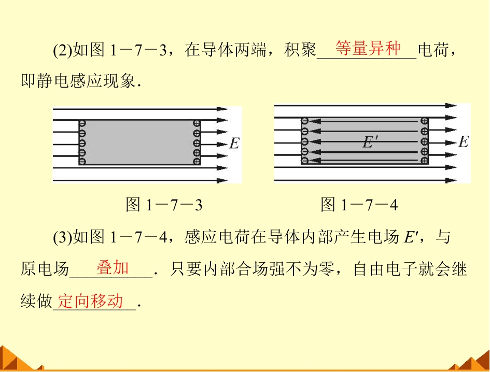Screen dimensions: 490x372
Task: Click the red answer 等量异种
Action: click(368, 49)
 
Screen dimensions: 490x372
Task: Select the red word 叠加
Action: click(113, 268)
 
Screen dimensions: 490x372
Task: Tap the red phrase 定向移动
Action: click(90, 301)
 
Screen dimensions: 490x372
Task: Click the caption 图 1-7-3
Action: click(164, 205)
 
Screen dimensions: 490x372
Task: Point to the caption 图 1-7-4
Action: click(359, 205)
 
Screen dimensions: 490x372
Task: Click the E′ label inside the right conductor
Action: click(371, 142)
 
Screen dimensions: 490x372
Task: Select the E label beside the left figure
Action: click(234, 144)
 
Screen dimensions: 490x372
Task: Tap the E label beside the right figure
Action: click(464, 142)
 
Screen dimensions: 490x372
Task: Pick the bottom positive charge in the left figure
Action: click(197, 161)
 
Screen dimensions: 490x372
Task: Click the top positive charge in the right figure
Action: click(424, 121)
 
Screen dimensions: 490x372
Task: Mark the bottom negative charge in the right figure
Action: click(305, 161)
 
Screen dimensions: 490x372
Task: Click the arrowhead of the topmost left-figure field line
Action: click(222, 109)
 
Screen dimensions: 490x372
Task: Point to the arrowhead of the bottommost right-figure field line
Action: click(451, 180)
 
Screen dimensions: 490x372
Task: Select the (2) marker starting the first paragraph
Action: click(63, 50)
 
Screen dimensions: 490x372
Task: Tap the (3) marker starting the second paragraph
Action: click(63, 237)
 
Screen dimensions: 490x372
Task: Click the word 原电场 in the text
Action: click(45, 269)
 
